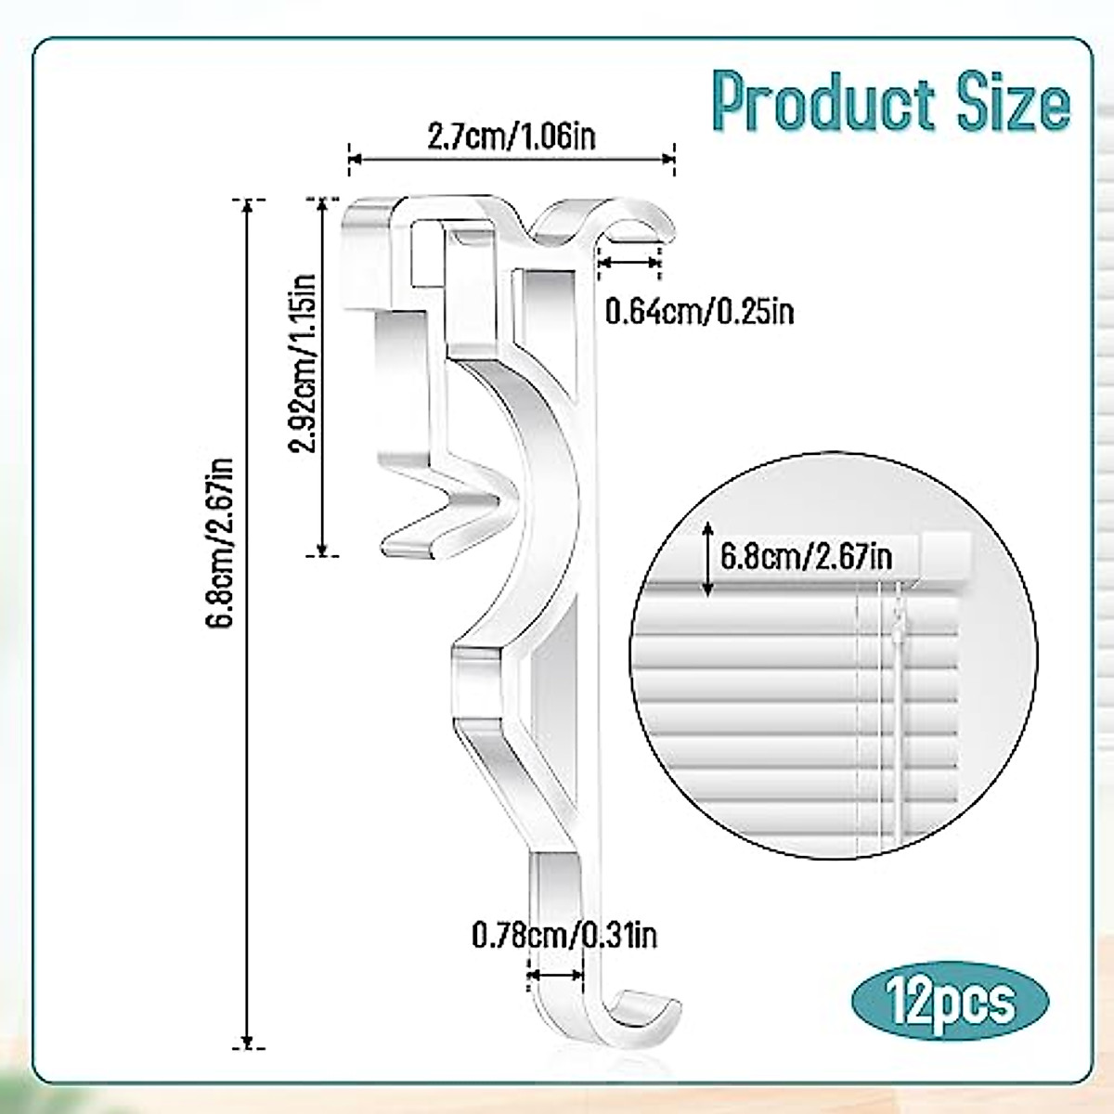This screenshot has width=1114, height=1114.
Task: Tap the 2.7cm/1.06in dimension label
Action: tap(511, 137)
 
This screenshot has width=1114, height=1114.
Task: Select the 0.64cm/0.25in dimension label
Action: tap(699, 311)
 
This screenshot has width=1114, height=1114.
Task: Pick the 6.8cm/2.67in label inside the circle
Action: tap(806, 557)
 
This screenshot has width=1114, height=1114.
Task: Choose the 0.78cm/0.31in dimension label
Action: tap(564, 934)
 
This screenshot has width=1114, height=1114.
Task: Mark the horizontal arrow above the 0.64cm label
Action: tap(629, 264)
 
